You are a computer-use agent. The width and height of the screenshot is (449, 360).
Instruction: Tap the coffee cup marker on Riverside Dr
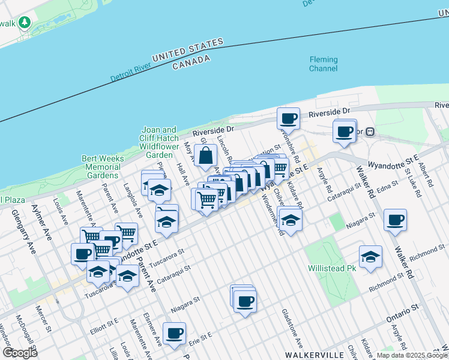click(x=288, y=118)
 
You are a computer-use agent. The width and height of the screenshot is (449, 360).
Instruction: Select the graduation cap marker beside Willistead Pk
click(x=370, y=256)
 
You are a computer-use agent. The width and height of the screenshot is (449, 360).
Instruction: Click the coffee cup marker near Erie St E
click(x=174, y=333)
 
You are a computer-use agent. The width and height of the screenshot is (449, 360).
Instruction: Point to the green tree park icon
click(x=25, y=23)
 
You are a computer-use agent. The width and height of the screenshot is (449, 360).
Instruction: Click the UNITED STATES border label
click(x=187, y=50)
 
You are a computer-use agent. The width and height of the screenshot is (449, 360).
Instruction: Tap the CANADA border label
click(x=191, y=62)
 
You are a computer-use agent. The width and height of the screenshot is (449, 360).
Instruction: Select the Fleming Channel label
click(x=323, y=64)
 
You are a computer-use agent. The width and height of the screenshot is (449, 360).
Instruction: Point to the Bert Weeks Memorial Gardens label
click(x=103, y=167)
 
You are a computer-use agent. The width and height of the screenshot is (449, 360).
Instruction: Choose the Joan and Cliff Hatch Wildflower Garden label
click(x=159, y=142)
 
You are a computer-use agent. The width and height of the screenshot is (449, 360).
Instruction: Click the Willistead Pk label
click(x=332, y=268)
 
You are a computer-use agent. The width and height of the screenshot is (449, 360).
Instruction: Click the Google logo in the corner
click(x=20, y=353)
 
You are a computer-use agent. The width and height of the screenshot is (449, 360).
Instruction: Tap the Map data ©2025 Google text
click(x=412, y=355)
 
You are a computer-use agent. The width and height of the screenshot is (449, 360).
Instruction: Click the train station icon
click(x=371, y=132)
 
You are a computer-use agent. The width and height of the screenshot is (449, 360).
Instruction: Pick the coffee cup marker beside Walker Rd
click(x=395, y=220)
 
